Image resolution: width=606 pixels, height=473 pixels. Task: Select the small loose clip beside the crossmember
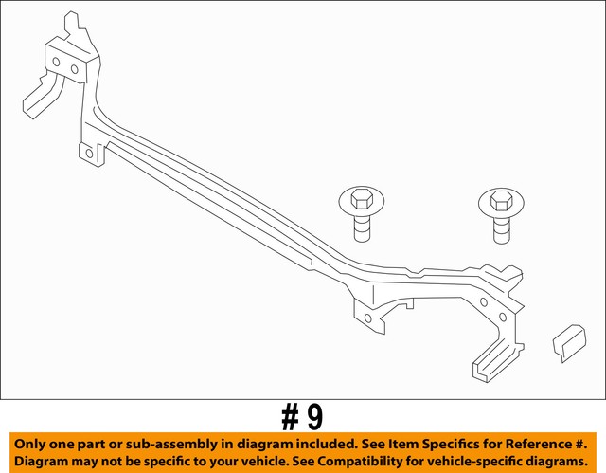tap(569, 342)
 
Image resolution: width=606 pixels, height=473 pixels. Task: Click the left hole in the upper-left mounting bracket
tap(56, 64)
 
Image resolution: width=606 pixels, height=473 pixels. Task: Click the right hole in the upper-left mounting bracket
tap(75, 68)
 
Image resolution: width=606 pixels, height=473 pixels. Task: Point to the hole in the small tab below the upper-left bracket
tap(88, 152)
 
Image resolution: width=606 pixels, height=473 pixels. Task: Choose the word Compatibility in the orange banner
tap(339, 463)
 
